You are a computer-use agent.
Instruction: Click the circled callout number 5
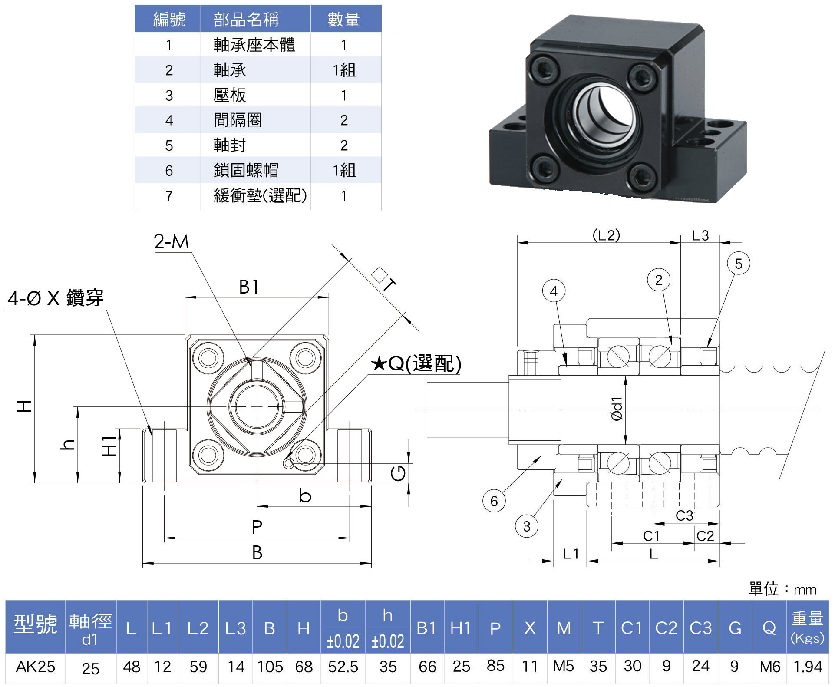pos(738,264)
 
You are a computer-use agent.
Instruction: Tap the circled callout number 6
pos(494,501)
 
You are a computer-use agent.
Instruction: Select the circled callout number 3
pos(526,526)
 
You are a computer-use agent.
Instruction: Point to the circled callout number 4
pos(554,291)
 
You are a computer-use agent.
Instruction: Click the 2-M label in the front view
pos(172,242)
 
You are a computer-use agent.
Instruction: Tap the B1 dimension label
pos(249,287)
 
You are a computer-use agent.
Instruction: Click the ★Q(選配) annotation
pos(416,363)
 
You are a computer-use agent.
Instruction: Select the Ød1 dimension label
pos(617,409)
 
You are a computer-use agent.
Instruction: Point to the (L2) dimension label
pos(606,235)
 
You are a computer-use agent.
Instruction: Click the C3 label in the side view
pos(684,515)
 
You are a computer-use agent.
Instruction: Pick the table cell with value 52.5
pos(343,667)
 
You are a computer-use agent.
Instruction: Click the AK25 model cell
pos(36,667)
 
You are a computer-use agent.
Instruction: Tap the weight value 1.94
pos(808,667)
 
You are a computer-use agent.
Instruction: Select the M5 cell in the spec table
pos(564,666)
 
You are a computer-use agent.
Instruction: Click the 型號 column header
pos(35,625)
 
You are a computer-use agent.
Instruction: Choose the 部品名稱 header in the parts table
pos(246,20)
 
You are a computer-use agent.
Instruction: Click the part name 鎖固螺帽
pos(246,170)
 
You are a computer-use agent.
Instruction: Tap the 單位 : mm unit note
pos(782,589)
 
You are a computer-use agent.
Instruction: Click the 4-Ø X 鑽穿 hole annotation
pos(56,298)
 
